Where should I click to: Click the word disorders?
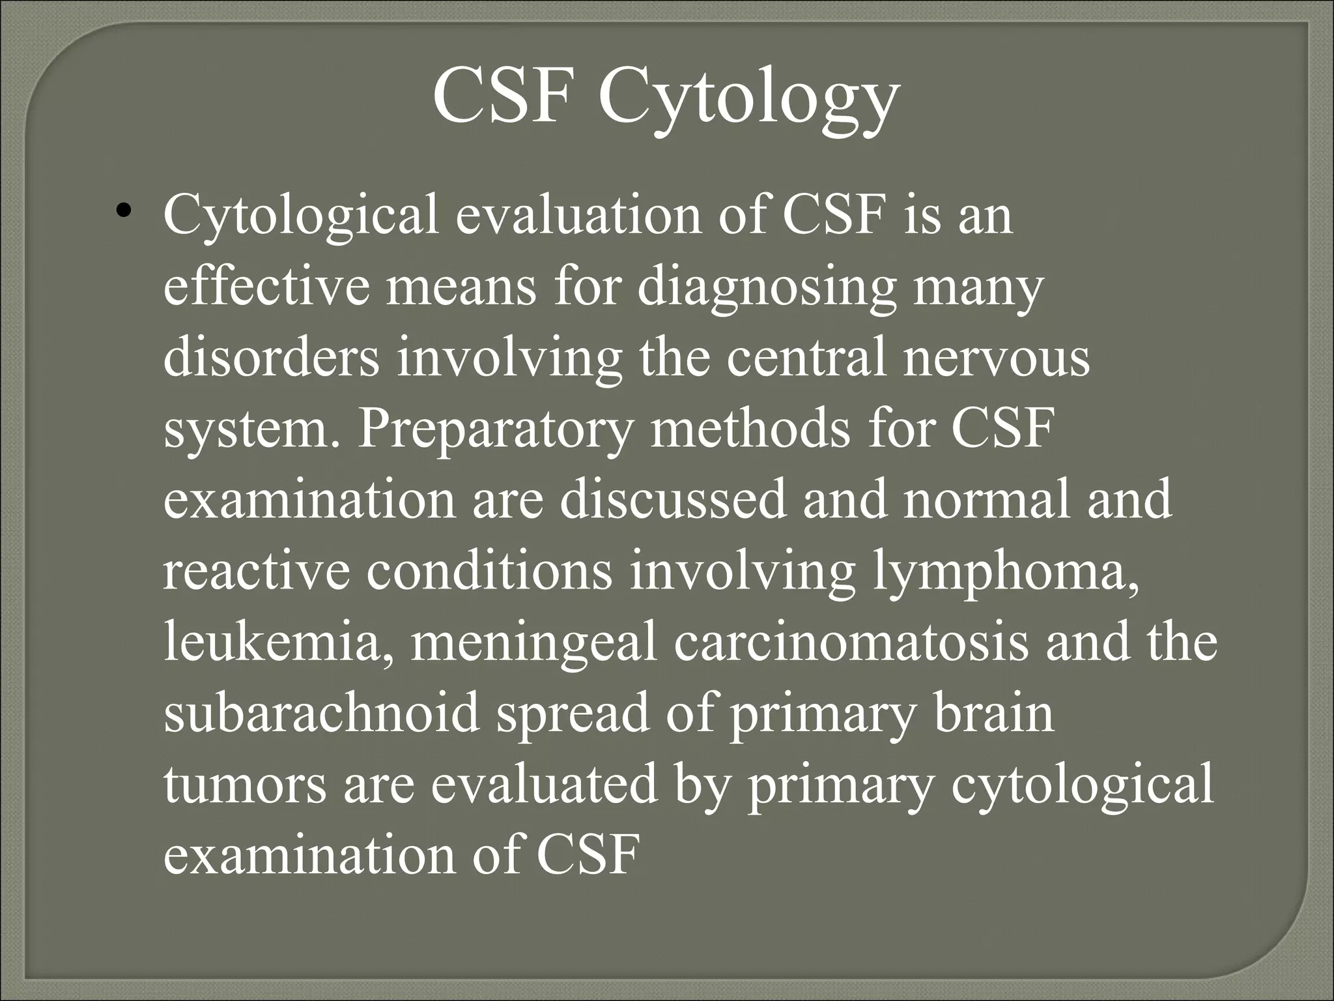point(271,358)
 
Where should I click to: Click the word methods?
point(750,429)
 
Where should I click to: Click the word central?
point(806,358)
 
